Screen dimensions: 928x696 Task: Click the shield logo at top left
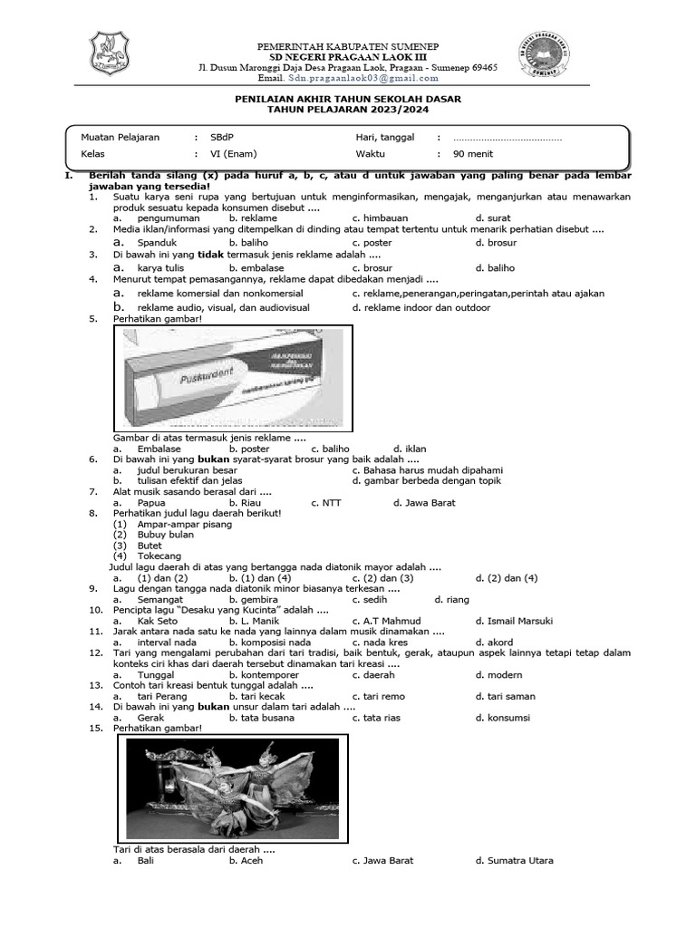click(109, 54)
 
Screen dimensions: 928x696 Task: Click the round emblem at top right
click(550, 55)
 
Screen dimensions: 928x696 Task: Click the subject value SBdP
click(221, 137)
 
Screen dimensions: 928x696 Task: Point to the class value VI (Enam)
click(234, 154)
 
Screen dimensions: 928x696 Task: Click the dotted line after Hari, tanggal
click(507, 138)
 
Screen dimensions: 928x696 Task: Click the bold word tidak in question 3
click(210, 256)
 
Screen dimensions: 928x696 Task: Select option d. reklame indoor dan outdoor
click(421, 308)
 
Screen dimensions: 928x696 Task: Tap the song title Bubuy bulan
click(165, 535)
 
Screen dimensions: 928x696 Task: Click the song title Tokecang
click(159, 556)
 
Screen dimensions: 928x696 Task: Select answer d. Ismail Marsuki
click(514, 621)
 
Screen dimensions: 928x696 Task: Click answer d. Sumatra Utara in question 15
click(514, 861)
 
